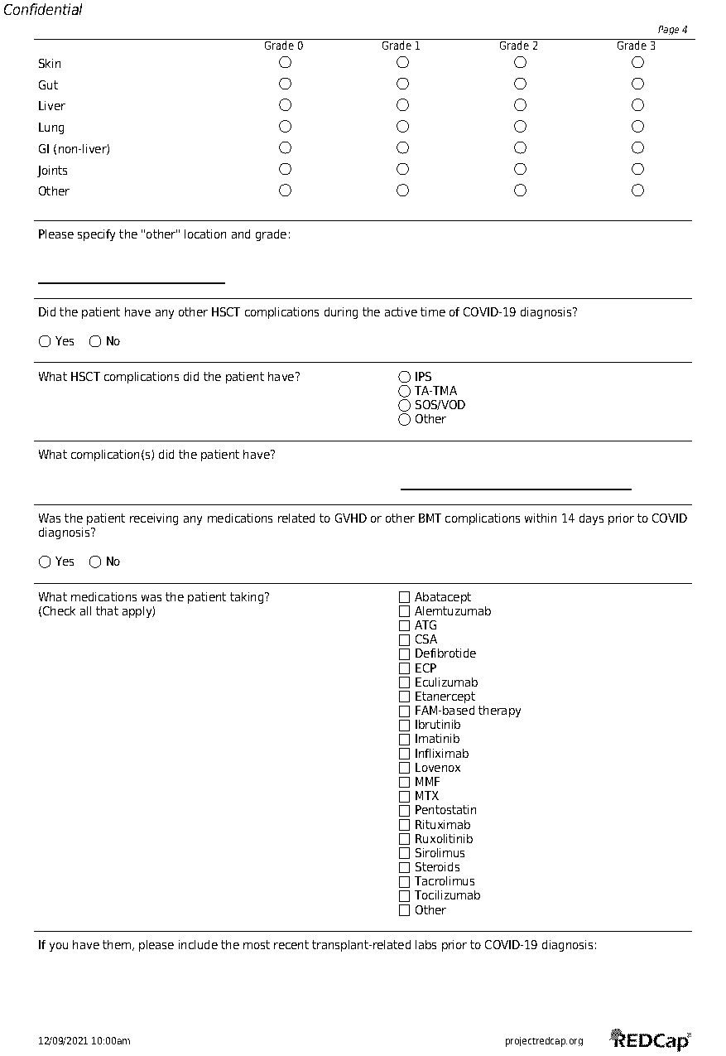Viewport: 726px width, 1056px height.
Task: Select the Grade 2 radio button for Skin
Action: (x=520, y=62)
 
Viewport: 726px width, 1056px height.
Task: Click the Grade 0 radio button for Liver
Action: (x=285, y=105)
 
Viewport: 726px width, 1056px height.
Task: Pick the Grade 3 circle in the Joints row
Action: (x=637, y=169)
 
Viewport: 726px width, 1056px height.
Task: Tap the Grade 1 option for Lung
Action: (x=402, y=127)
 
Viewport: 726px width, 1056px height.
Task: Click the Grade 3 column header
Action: (x=636, y=46)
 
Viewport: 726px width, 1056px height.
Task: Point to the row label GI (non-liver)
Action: (x=74, y=149)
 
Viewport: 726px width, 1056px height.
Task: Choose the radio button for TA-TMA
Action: (x=405, y=391)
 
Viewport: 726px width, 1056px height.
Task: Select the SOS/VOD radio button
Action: (x=405, y=405)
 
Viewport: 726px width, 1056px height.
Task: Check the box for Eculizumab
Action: (x=405, y=682)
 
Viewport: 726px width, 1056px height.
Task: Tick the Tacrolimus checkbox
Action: (x=405, y=881)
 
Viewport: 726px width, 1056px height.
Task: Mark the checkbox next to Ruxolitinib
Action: (x=405, y=839)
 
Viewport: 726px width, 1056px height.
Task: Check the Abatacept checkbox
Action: (x=405, y=597)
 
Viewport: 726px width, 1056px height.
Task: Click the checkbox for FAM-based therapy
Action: (x=405, y=711)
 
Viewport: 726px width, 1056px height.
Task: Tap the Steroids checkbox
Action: (x=405, y=867)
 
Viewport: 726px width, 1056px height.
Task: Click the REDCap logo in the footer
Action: (x=651, y=1040)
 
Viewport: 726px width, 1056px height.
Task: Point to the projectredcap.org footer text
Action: (x=544, y=1041)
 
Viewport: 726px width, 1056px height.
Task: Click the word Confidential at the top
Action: (x=43, y=10)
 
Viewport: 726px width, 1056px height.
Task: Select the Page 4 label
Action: (x=672, y=30)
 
